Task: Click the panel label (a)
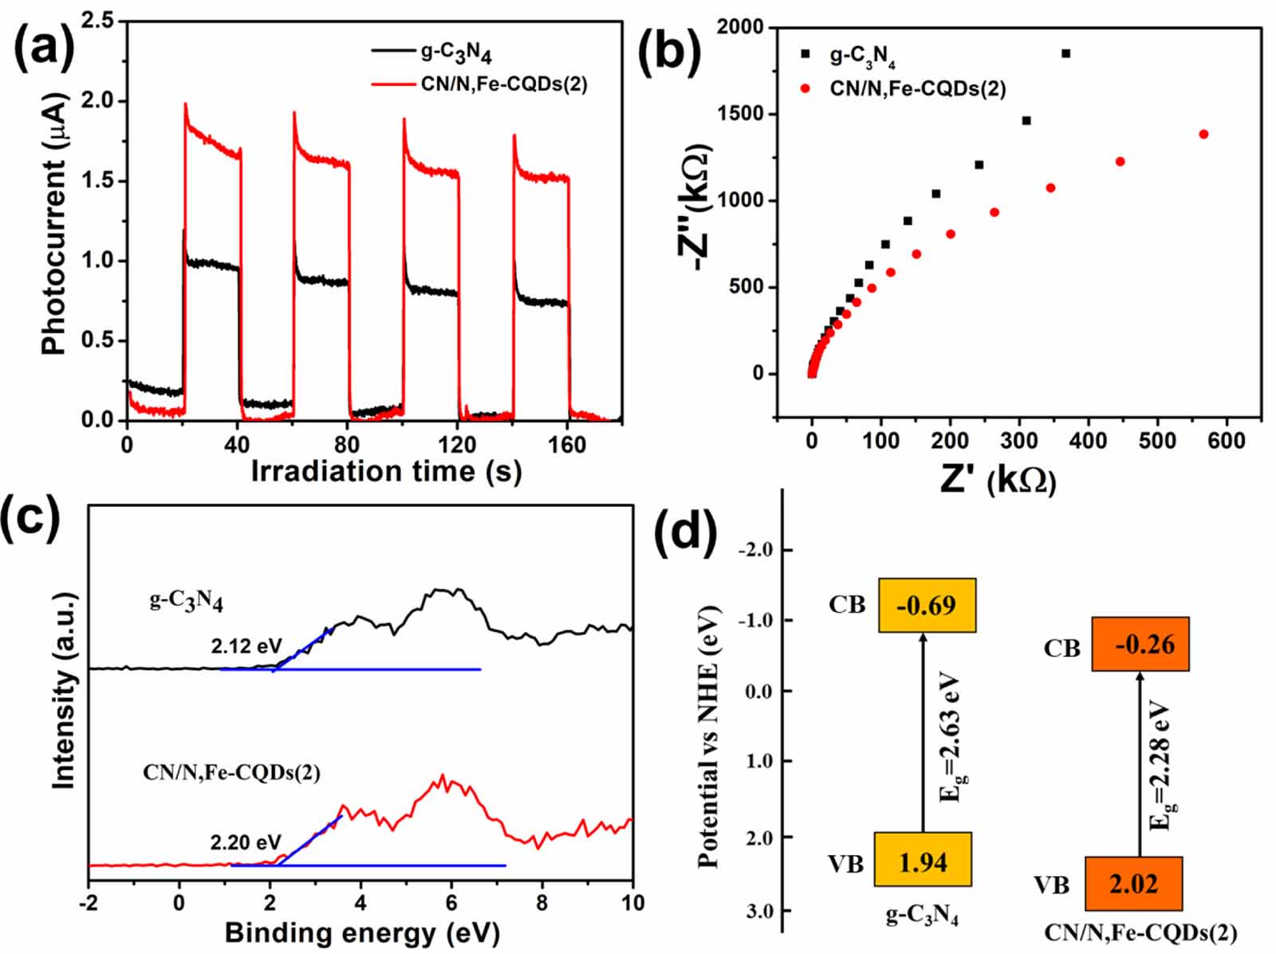(45, 46)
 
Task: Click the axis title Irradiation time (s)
(386, 471)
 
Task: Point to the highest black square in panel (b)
(1065, 53)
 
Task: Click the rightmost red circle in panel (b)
(1203, 134)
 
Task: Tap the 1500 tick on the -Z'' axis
(739, 114)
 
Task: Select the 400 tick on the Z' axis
(1088, 440)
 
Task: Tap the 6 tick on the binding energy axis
(451, 903)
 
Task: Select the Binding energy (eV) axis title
(362, 932)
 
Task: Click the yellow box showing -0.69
(927, 606)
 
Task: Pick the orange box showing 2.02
(1133, 884)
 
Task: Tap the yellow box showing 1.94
(923, 861)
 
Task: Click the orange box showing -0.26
(1140, 644)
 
